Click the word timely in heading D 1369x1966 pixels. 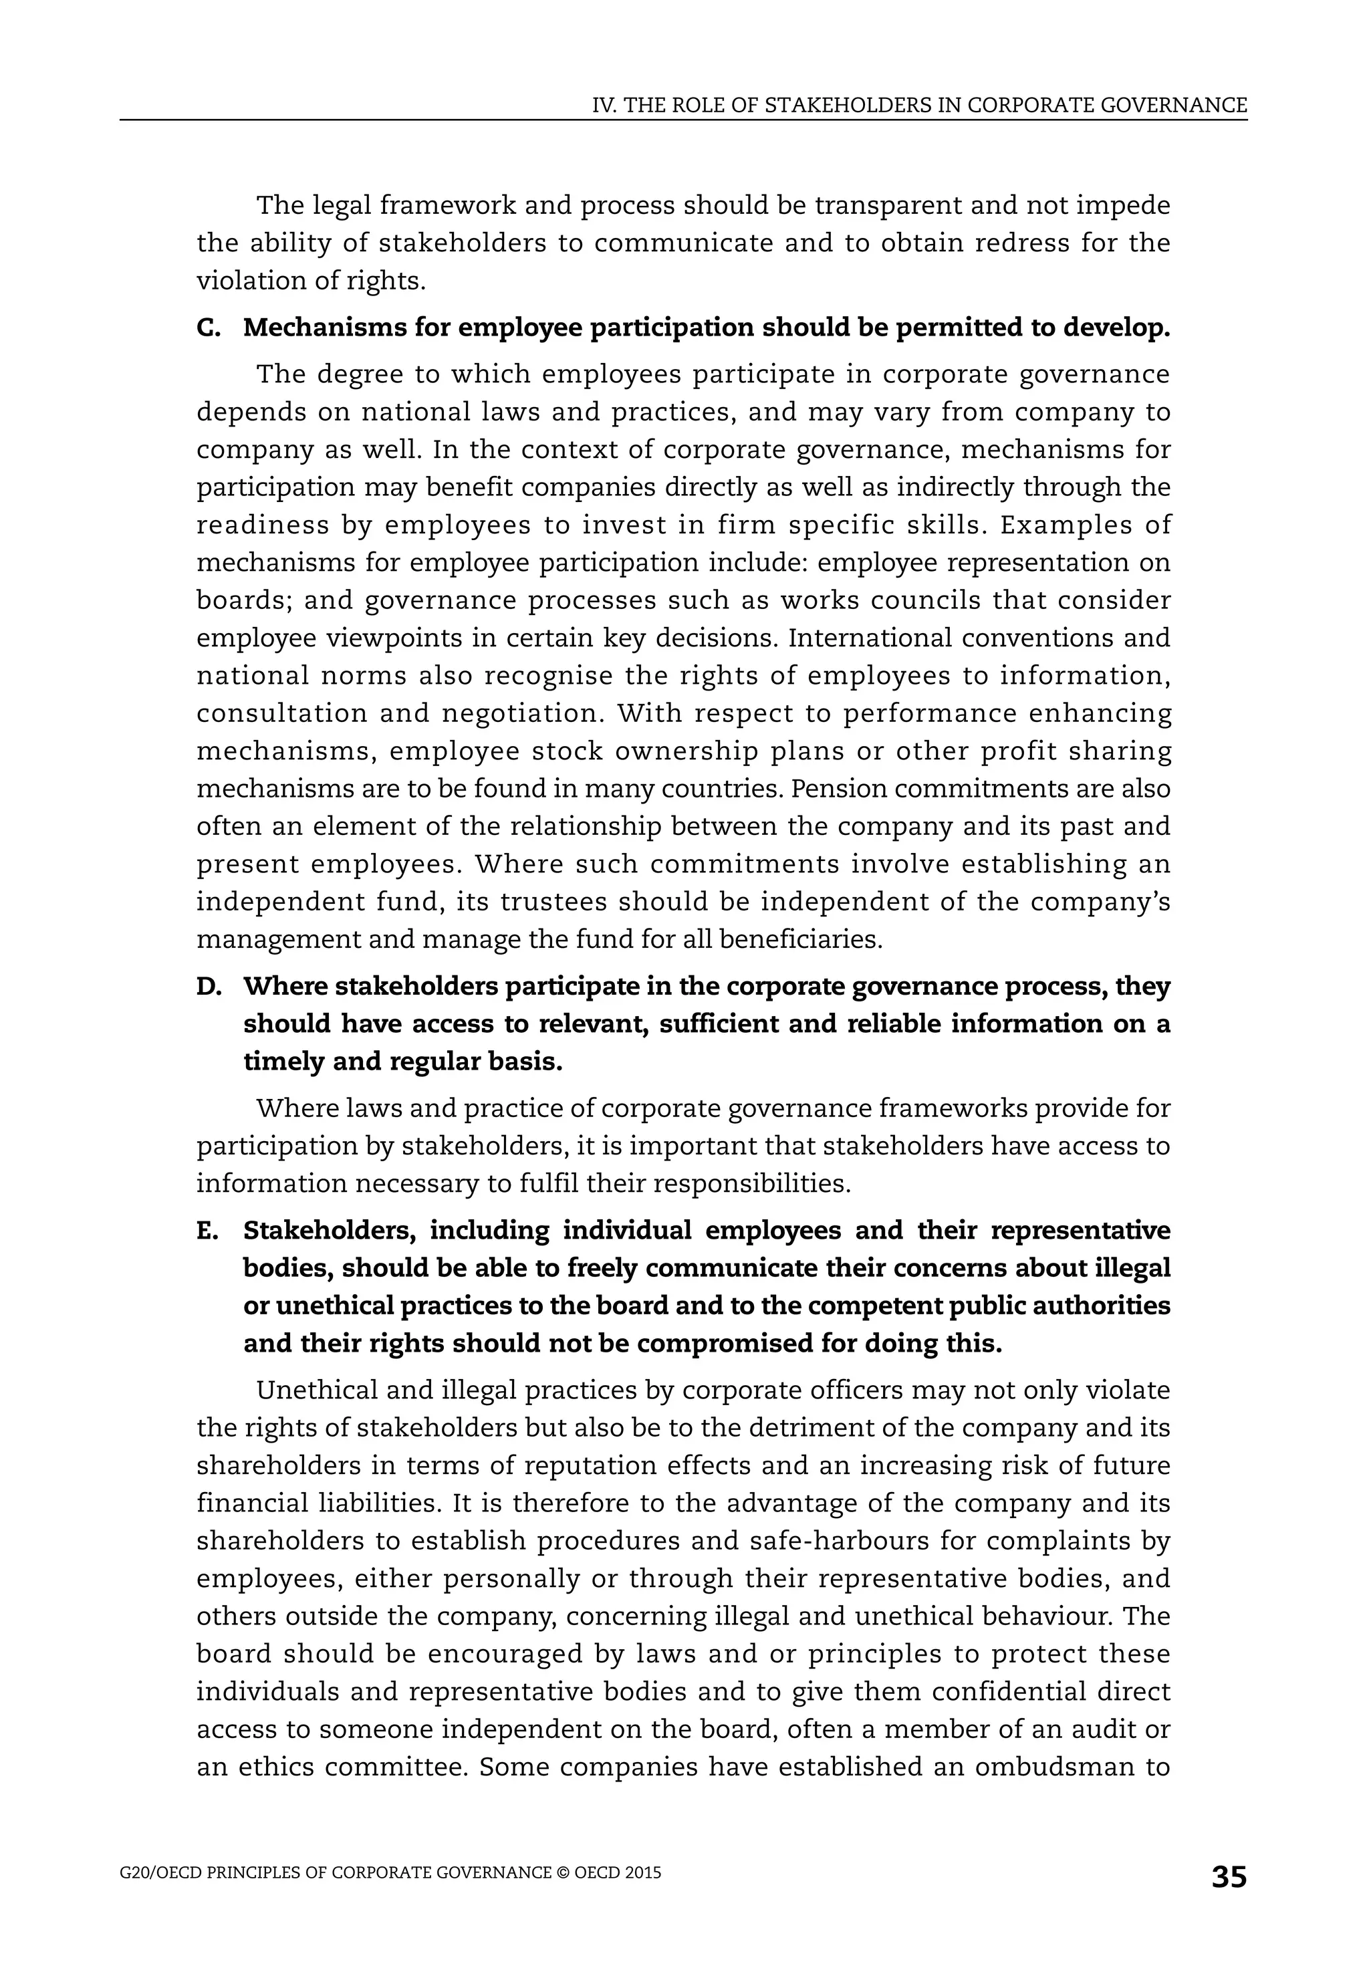point(281,1062)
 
